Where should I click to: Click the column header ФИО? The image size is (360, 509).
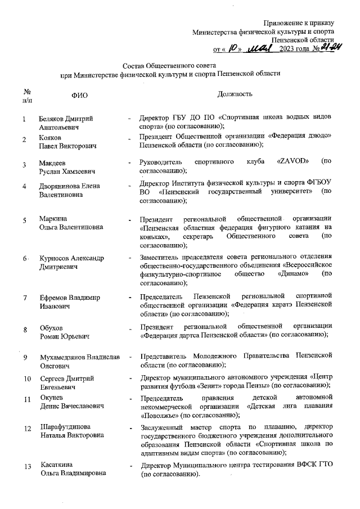click(79, 96)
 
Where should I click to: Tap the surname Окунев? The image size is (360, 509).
click(51, 398)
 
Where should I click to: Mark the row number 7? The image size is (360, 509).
click(25, 298)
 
